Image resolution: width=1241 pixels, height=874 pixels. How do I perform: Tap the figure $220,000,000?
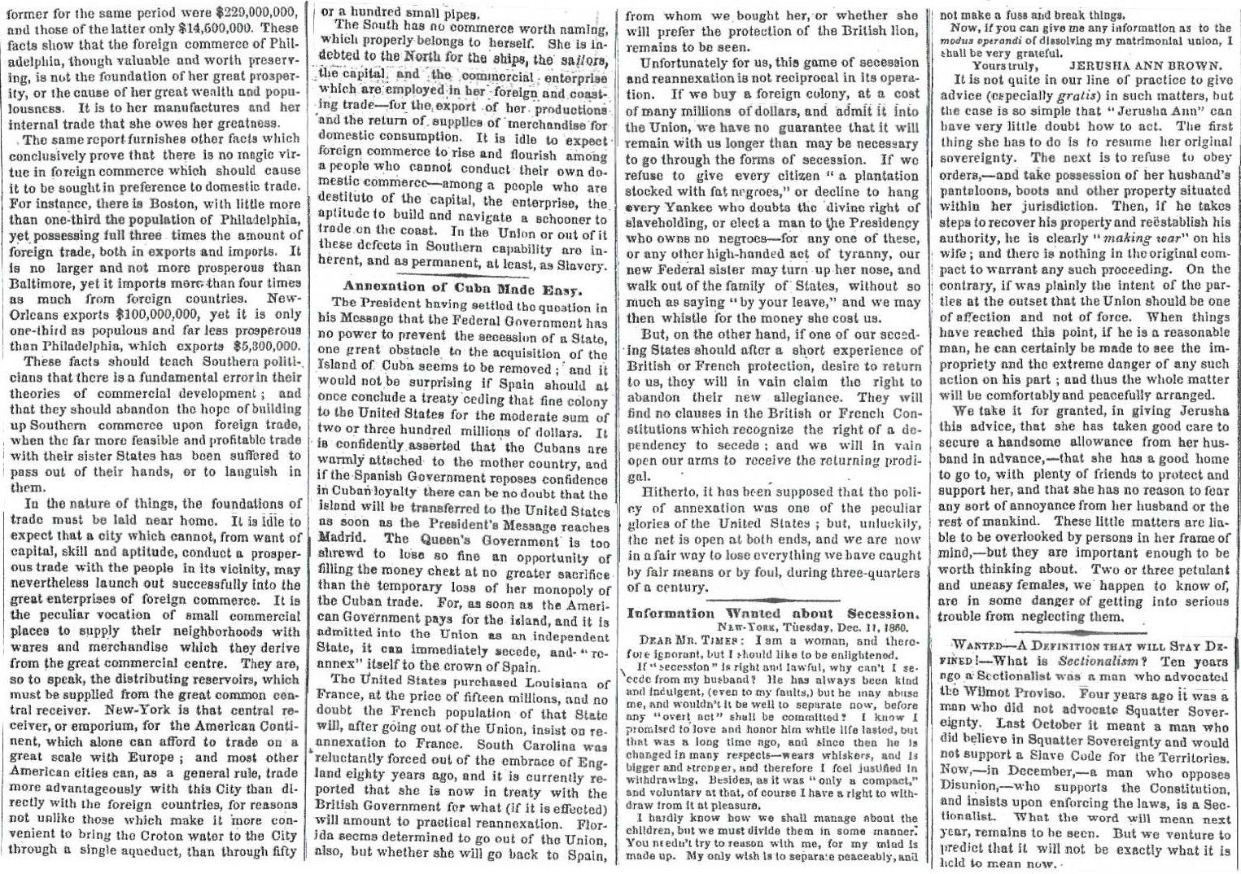point(249,15)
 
